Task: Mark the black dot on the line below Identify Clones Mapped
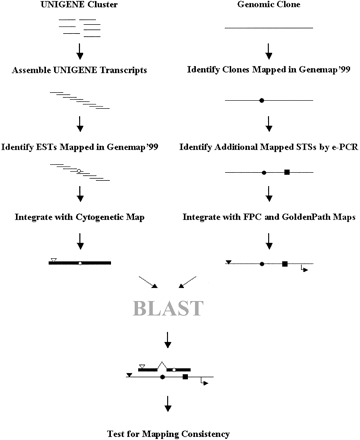[262, 101]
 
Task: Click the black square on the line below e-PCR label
[287, 173]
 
